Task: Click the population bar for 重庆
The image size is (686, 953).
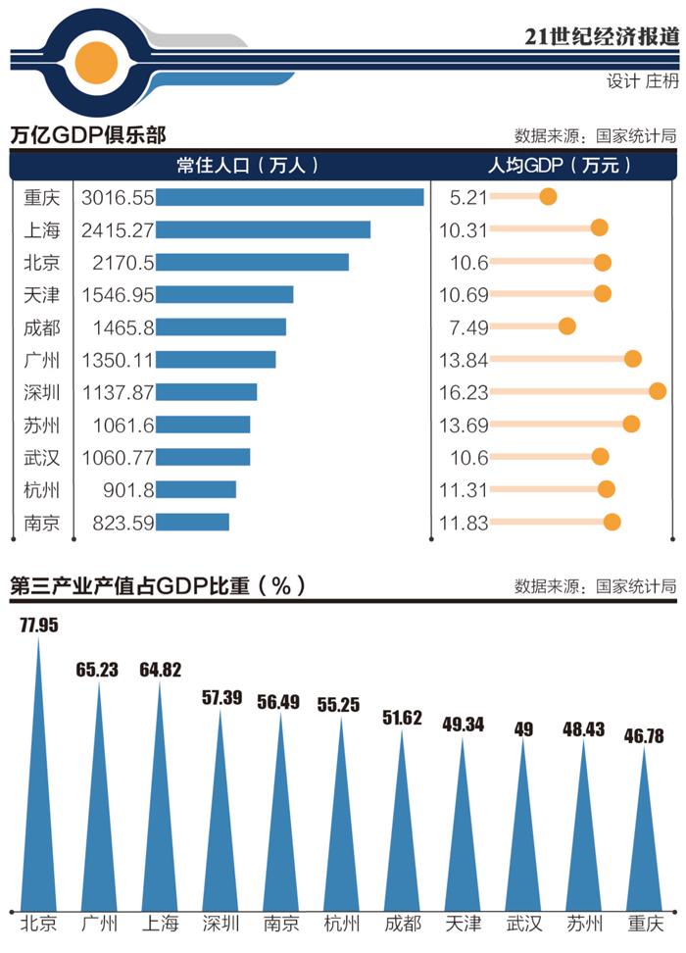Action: tap(289, 197)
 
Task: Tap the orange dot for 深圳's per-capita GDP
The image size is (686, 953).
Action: tap(658, 391)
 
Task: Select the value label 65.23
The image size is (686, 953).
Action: tap(99, 669)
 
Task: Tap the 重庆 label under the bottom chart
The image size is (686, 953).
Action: tap(645, 924)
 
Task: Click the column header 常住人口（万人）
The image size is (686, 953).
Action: tap(247, 166)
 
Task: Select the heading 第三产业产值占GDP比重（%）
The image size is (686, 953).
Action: tap(157, 586)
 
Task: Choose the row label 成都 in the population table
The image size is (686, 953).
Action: tap(41, 326)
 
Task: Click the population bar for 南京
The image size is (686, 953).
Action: tap(192, 522)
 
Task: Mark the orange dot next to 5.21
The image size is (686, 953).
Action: tap(548, 197)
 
